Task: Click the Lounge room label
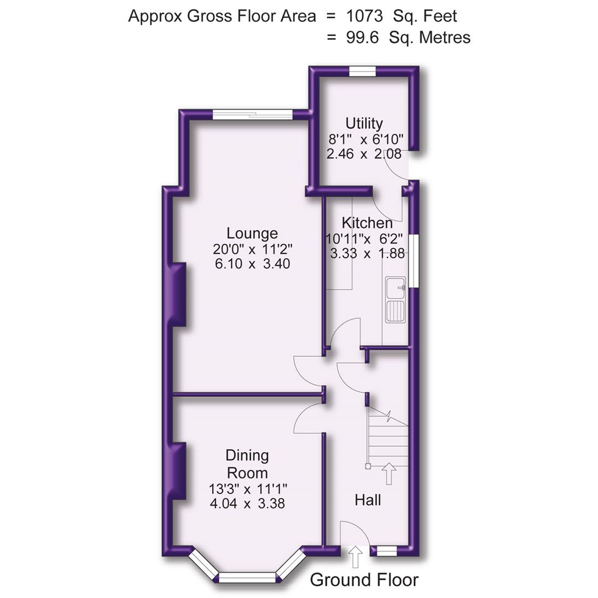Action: coord(252,233)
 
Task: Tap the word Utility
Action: coord(364,123)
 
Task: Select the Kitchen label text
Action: coord(367,223)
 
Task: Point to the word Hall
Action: coord(368,500)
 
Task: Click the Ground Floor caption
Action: coord(364,580)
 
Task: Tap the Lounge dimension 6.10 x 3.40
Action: coord(252,264)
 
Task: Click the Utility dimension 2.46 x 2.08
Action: coord(364,154)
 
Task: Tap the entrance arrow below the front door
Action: coord(355,556)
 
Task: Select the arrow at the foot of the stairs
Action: coord(389,473)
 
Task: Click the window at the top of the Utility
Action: coord(363,71)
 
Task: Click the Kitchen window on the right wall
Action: coord(414,260)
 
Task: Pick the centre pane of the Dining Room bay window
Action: coord(248,578)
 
